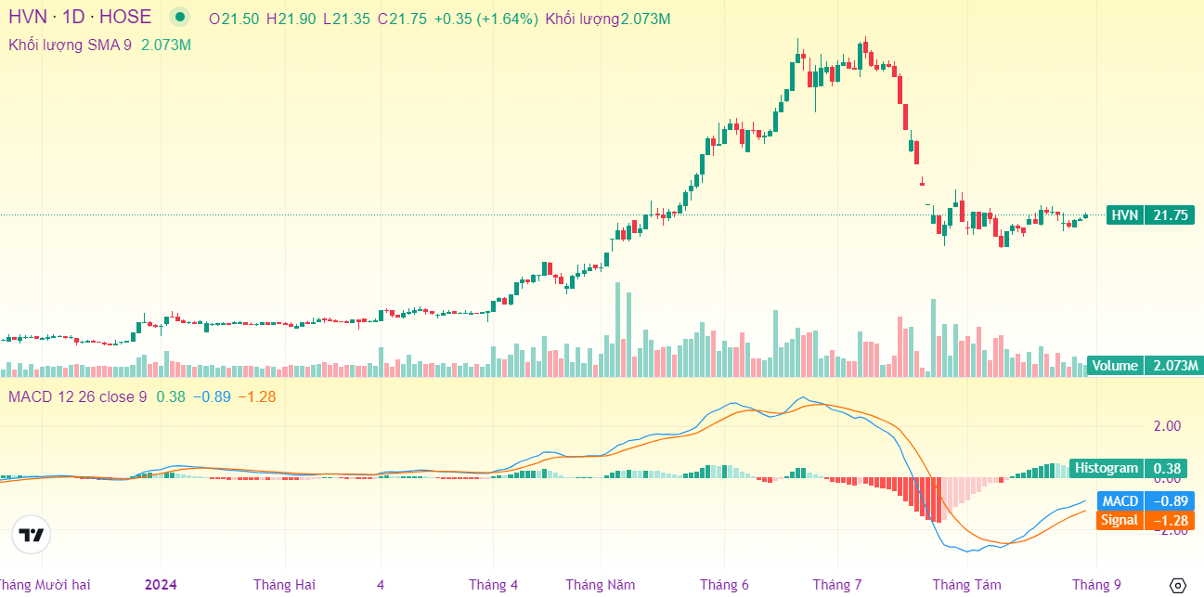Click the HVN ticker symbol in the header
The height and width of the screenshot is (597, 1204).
tap(29, 17)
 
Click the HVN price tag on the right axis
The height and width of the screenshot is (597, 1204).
tap(1124, 215)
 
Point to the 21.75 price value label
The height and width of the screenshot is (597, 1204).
tap(1169, 215)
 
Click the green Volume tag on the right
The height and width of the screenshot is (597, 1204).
tap(1114, 366)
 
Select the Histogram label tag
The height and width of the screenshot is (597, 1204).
tap(1107, 469)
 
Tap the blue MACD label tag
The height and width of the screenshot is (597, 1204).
tap(1120, 501)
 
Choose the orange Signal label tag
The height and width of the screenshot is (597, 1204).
tap(1119, 520)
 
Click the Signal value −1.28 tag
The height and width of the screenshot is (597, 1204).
tap(1169, 520)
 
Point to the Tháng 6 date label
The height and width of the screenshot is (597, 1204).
tap(724, 585)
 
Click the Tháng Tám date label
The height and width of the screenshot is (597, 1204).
tap(966, 585)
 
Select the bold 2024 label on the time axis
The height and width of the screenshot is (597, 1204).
tap(161, 585)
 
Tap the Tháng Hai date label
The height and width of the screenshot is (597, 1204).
tap(284, 585)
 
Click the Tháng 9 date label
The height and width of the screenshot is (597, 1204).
tap(1096, 585)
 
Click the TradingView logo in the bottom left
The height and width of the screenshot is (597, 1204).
tap(32, 535)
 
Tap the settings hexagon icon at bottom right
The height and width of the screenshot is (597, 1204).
tap(1178, 585)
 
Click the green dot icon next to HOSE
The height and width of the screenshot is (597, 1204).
tap(180, 17)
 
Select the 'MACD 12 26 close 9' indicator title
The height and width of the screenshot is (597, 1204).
tap(77, 397)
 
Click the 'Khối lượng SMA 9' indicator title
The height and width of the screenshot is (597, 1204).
tap(70, 45)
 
